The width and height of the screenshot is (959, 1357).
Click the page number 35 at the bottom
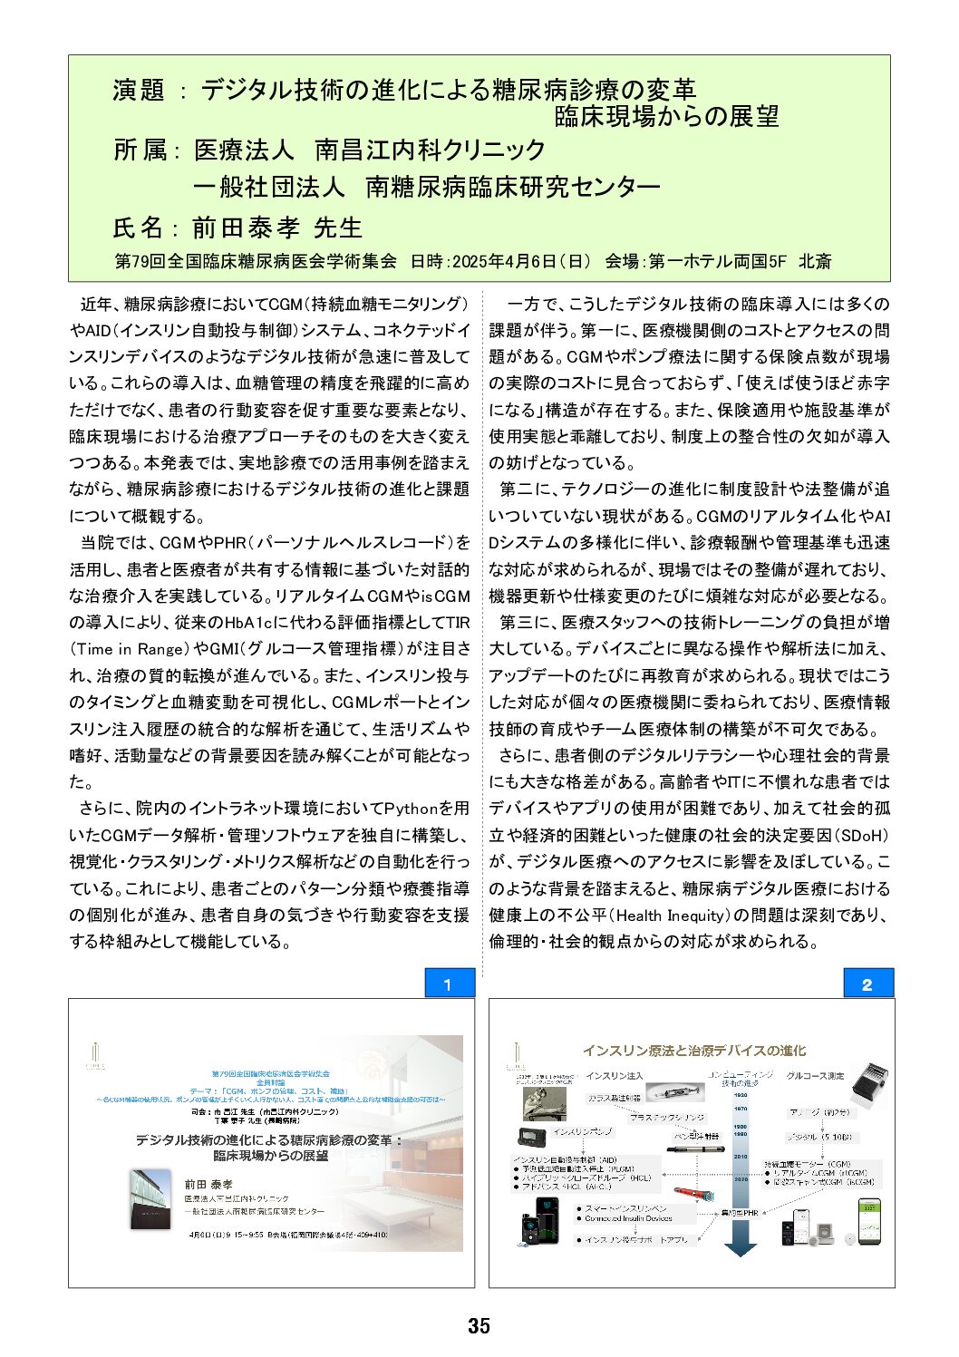pyautogui.click(x=479, y=1326)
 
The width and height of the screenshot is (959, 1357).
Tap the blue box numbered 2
pyautogui.click(x=868, y=984)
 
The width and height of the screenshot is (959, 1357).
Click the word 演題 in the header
pyautogui.click(x=139, y=90)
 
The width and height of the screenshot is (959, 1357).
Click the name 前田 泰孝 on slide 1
pyautogui.click(x=208, y=1185)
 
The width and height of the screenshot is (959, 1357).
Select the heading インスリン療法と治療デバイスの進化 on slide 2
pyautogui.click(x=693, y=1051)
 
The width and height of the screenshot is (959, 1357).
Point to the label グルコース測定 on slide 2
pyautogui.click(x=815, y=1076)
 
